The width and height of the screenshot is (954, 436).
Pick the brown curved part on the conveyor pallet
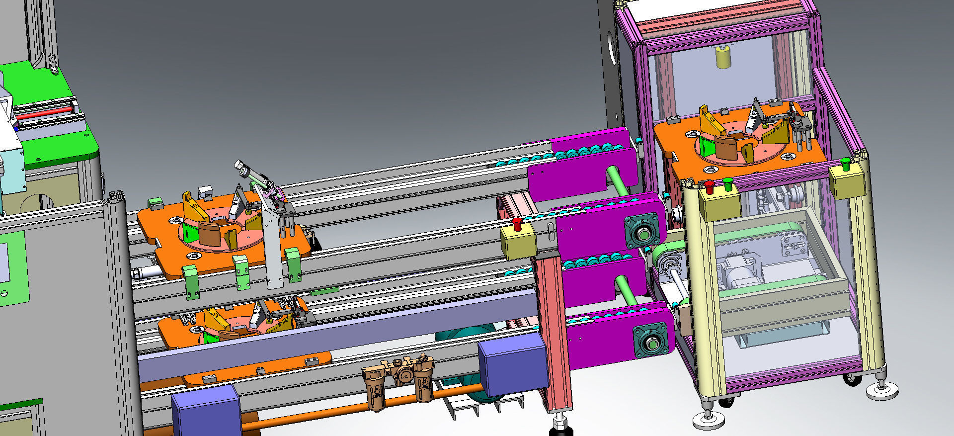pyautogui.click(x=209, y=234)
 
